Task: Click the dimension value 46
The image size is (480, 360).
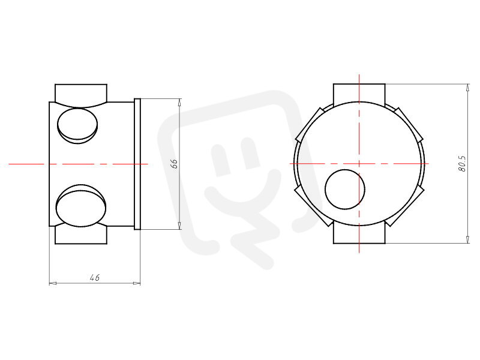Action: coord(95,278)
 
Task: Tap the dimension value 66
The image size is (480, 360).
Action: coord(174,164)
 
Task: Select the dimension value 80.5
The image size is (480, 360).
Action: coord(462,164)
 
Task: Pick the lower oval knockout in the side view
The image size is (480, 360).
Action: coord(81,206)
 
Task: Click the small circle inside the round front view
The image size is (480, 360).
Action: coord(345,190)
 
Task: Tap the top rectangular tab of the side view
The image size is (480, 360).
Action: coord(81,94)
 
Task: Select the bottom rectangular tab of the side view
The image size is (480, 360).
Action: coord(81,234)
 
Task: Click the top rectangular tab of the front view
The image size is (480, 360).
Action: coord(359,92)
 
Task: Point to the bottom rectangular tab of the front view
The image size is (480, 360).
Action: coord(359,234)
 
